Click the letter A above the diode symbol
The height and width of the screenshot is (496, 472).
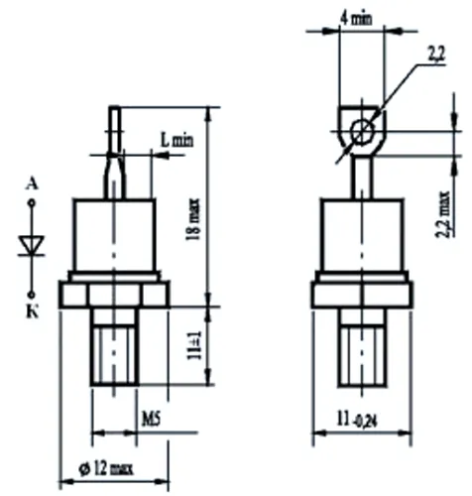coord(33,185)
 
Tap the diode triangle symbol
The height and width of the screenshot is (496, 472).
coord(32,244)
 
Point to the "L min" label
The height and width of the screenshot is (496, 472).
coord(177,143)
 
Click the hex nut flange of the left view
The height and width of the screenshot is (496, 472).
coord(115,294)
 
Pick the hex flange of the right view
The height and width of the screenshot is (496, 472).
coord(362,294)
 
